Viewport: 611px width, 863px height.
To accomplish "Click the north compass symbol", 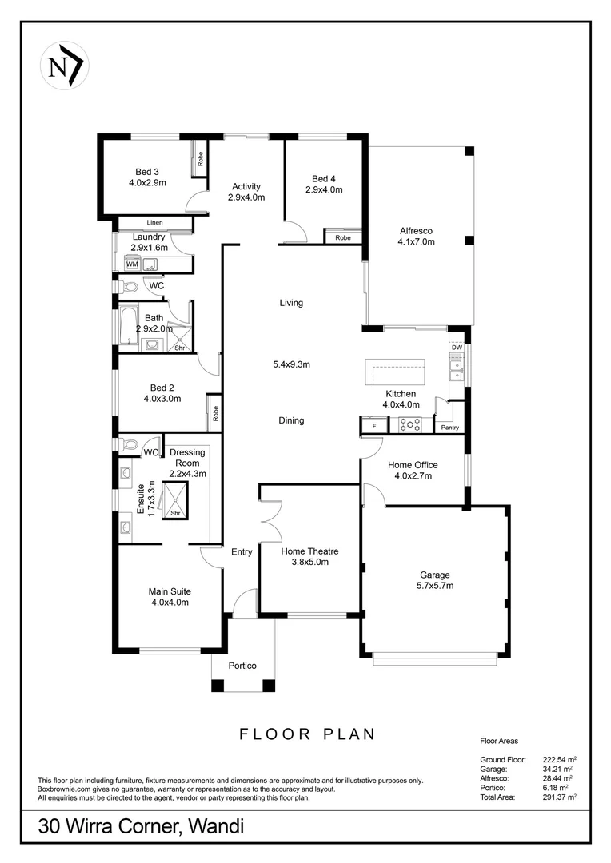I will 64,64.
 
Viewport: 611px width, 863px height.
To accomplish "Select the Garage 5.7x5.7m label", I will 436,579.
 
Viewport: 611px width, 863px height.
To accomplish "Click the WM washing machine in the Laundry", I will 131,264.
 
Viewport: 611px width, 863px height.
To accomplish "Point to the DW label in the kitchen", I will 457,348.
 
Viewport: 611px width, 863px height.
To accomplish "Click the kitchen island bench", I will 395,372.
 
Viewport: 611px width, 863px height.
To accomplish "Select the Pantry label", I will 450,428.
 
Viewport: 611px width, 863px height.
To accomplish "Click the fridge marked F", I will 373,427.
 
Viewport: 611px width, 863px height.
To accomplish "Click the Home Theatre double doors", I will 270,521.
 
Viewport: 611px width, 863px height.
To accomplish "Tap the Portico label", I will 242,666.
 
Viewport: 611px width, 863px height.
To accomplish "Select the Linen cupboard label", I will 155,222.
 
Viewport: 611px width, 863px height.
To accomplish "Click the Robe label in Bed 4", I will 343,237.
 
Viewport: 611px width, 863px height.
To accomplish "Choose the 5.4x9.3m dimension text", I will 291,364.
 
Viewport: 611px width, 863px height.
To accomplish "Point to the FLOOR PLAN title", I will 307,734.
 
